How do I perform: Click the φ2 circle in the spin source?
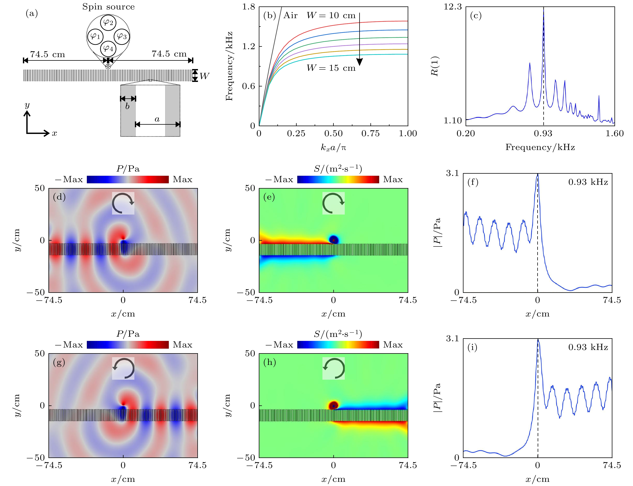tap(108, 22)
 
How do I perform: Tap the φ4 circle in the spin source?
tap(108, 48)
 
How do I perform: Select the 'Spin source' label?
tap(108, 7)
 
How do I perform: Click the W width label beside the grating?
tap(204, 76)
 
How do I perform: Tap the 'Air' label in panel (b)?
tap(290, 15)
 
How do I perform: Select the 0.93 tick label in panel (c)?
tap(543, 133)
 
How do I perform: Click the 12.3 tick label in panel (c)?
tap(453, 7)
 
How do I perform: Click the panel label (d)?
tap(59, 197)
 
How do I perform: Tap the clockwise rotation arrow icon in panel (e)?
tap(333, 203)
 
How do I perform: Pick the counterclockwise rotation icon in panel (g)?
tap(123, 368)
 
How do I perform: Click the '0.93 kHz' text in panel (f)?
tap(588, 182)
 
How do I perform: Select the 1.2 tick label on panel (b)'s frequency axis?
tap(249, 46)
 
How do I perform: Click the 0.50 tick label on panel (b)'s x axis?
tap(333, 133)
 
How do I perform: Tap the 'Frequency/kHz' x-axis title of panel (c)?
tap(540, 147)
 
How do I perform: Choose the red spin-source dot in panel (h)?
tap(333, 405)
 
